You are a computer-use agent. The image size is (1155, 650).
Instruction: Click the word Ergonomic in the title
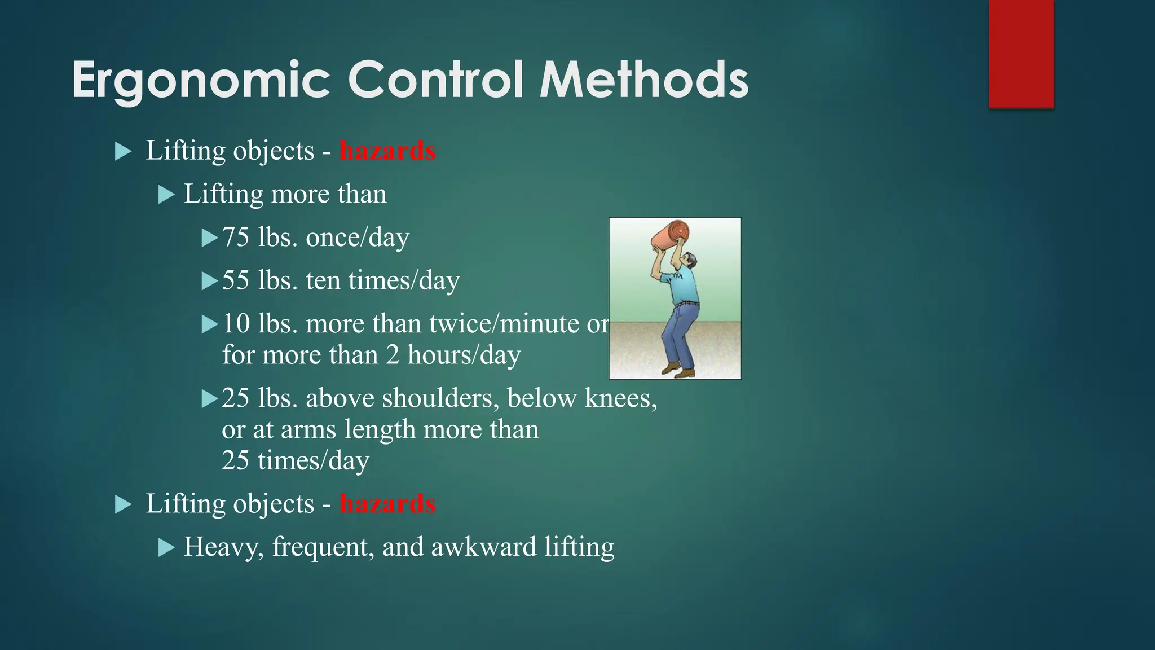[x=201, y=81]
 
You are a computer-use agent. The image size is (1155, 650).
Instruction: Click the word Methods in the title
[x=644, y=81]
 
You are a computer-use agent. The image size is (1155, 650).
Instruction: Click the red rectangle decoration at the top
[x=1021, y=54]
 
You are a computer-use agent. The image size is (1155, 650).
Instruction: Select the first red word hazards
[x=387, y=151]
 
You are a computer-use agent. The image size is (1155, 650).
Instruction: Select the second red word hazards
[x=387, y=504]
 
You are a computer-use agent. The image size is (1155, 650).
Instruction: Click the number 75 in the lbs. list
[x=236, y=237]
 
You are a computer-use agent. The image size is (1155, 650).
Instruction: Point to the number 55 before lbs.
[x=236, y=280]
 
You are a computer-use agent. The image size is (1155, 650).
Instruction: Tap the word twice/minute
[x=504, y=324]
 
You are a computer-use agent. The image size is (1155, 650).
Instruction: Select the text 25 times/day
[x=295, y=460]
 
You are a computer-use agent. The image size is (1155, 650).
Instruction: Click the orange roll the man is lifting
[x=671, y=235]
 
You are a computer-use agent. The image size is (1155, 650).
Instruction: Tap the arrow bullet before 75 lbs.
[x=210, y=238]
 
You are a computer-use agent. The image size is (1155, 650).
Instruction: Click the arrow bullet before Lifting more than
[x=166, y=195]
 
